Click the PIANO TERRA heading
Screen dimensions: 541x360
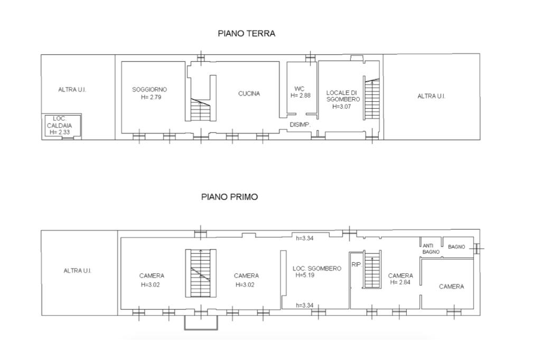tap(246, 33)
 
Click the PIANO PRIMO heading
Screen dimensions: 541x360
tap(229, 197)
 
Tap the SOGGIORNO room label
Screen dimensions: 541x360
tap(150, 90)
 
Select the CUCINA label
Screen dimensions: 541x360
tap(249, 93)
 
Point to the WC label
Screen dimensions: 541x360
tap(299, 89)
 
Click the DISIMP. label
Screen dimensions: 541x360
tap(300, 125)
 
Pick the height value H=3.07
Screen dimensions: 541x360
tap(341, 107)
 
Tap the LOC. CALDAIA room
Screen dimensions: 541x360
tap(61, 126)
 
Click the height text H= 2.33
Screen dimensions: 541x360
tap(59, 132)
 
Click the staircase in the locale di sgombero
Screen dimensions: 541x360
tap(372, 99)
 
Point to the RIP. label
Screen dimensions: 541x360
tap(357, 264)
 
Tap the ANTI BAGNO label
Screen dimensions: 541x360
tap(431, 249)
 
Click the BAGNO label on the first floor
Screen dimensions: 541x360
tap(456, 247)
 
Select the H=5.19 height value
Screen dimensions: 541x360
tap(305, 275)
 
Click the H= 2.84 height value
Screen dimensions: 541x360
tap(400, 282)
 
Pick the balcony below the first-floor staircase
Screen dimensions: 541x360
tap(201, 323)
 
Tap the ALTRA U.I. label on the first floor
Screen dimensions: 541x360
tap(77, 271)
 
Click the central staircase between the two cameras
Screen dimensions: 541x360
tap(201, 273)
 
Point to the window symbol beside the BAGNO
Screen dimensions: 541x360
tap(478, 248)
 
